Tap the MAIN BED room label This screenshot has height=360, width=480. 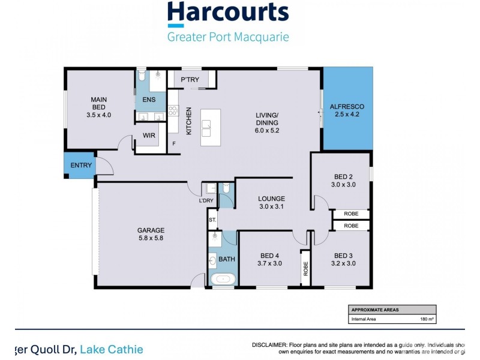99,107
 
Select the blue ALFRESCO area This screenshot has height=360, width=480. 347,110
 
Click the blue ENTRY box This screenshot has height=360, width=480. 81,166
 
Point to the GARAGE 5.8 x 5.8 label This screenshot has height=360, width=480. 151,233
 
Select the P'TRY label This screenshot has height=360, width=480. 190,80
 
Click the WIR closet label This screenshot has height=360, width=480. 149,136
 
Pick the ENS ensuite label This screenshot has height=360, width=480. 147,100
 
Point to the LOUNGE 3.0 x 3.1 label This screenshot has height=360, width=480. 271,202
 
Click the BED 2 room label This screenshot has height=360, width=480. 343,181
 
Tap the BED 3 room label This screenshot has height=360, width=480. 343,259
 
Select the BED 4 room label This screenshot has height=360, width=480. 269,259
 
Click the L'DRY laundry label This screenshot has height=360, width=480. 206,200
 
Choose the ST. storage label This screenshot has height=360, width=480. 212,220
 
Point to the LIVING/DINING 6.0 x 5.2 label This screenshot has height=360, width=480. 267,122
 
